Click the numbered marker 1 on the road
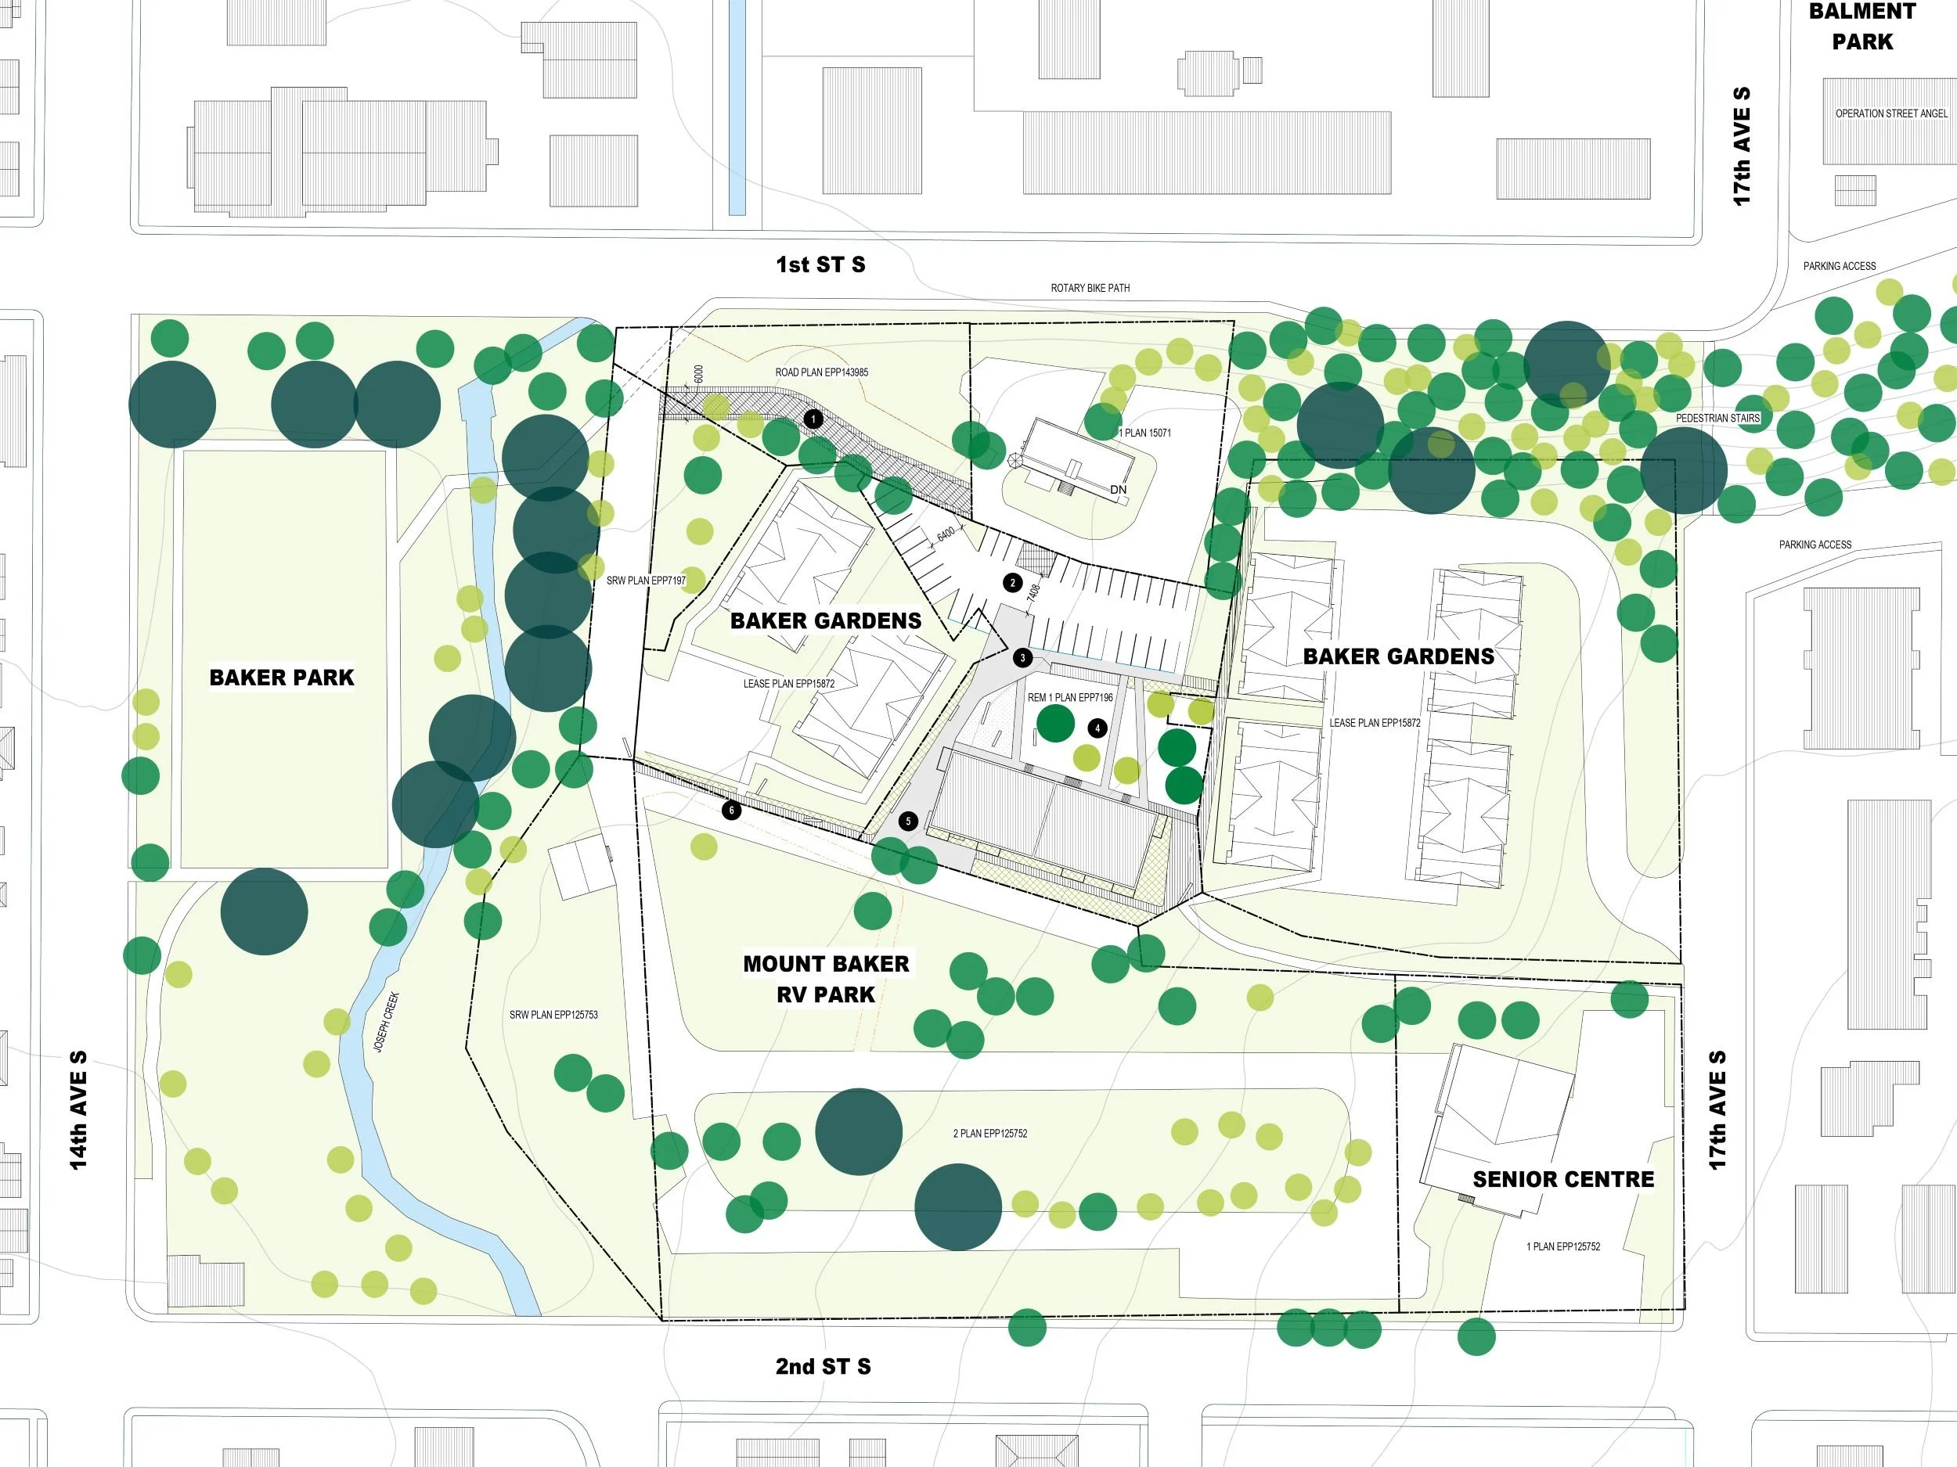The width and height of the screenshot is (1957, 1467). [813, 419]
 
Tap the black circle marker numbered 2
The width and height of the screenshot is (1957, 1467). [1013, 583]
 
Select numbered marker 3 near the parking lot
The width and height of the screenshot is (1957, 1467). [1023, 658]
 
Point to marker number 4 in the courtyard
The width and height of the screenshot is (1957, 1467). [1097, 728]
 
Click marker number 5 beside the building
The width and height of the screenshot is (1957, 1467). [908, 821]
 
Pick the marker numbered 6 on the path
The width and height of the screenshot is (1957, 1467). [731, 810]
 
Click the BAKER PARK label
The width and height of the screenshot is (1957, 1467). [281, 678]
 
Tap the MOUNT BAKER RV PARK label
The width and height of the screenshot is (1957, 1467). [825, 979]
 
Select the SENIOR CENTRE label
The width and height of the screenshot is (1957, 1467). [1562, 1179]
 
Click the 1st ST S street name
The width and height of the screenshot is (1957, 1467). [820, 264]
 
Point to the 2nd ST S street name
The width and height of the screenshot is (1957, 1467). [823, 1366]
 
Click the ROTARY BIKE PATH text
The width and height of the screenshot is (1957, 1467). [1089, 288]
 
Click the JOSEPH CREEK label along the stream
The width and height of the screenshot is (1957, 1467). [386, 1023]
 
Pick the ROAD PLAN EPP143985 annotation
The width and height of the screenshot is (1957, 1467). [821, 372]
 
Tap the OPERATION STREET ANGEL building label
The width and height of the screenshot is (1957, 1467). [1890, 114]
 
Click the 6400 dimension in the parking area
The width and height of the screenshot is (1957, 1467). [946, 534]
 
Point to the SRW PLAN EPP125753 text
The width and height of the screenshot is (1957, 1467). [553, 1015]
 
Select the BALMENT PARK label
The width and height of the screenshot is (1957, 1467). [1861, 27]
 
